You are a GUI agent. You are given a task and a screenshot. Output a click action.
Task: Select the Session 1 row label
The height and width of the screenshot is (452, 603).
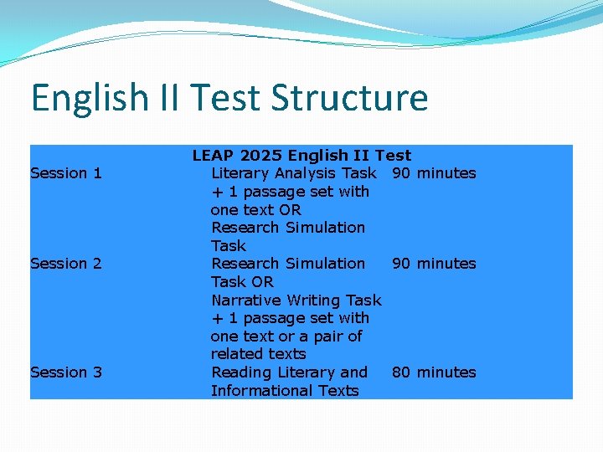click(65, 173)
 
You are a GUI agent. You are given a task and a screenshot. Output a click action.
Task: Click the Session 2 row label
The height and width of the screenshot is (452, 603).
click(65, 264)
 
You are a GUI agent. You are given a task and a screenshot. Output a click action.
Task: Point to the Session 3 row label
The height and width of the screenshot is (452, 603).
click(65, 372)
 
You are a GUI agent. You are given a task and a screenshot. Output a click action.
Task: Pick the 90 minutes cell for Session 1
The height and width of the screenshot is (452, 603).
click(434, 173)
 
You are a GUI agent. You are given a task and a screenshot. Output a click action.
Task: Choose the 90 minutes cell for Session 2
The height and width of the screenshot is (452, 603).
click(434, 264)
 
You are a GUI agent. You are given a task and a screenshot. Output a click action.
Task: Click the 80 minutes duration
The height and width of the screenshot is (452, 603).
click(434, 372)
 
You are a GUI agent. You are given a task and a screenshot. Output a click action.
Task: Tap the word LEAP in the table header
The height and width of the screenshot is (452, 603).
click(213, 156)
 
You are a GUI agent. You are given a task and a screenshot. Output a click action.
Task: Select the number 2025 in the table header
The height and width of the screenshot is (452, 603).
click(260, 156)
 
